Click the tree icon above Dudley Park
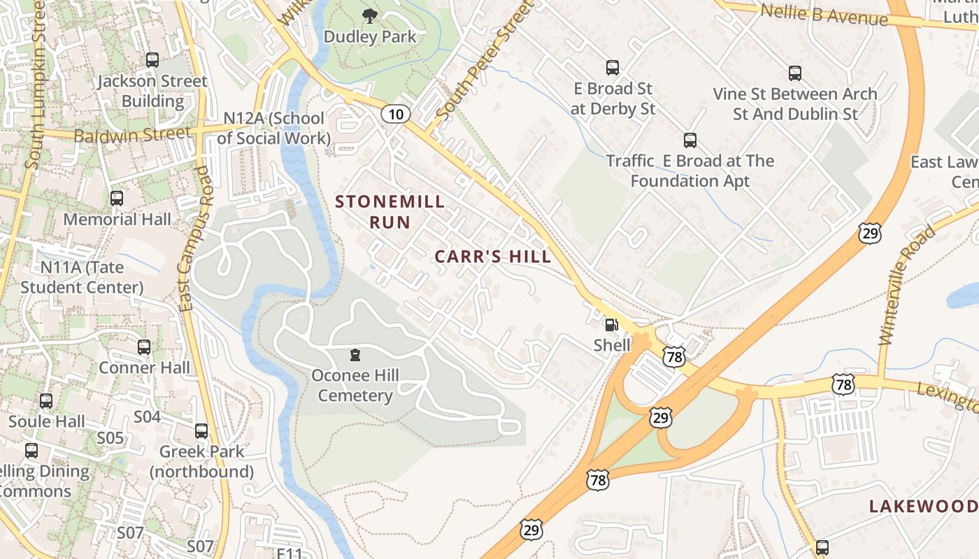coord(370,15)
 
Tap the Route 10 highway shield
coord(396,114)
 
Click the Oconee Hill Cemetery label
coord(355,386)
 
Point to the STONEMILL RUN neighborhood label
coord(390,212)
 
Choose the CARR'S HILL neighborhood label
coord(493,256)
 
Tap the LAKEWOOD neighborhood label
coord(923,507)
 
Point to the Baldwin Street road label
coord(132,134)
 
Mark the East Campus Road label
coord(195,238)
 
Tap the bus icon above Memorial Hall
coord(117,198)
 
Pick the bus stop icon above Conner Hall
coord(144,347)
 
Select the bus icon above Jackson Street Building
coord(152,60)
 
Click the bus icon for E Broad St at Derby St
coord(613,68)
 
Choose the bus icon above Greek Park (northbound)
coord(201,430)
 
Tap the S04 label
coord(147,417)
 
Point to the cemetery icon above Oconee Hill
coord(355,355)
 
